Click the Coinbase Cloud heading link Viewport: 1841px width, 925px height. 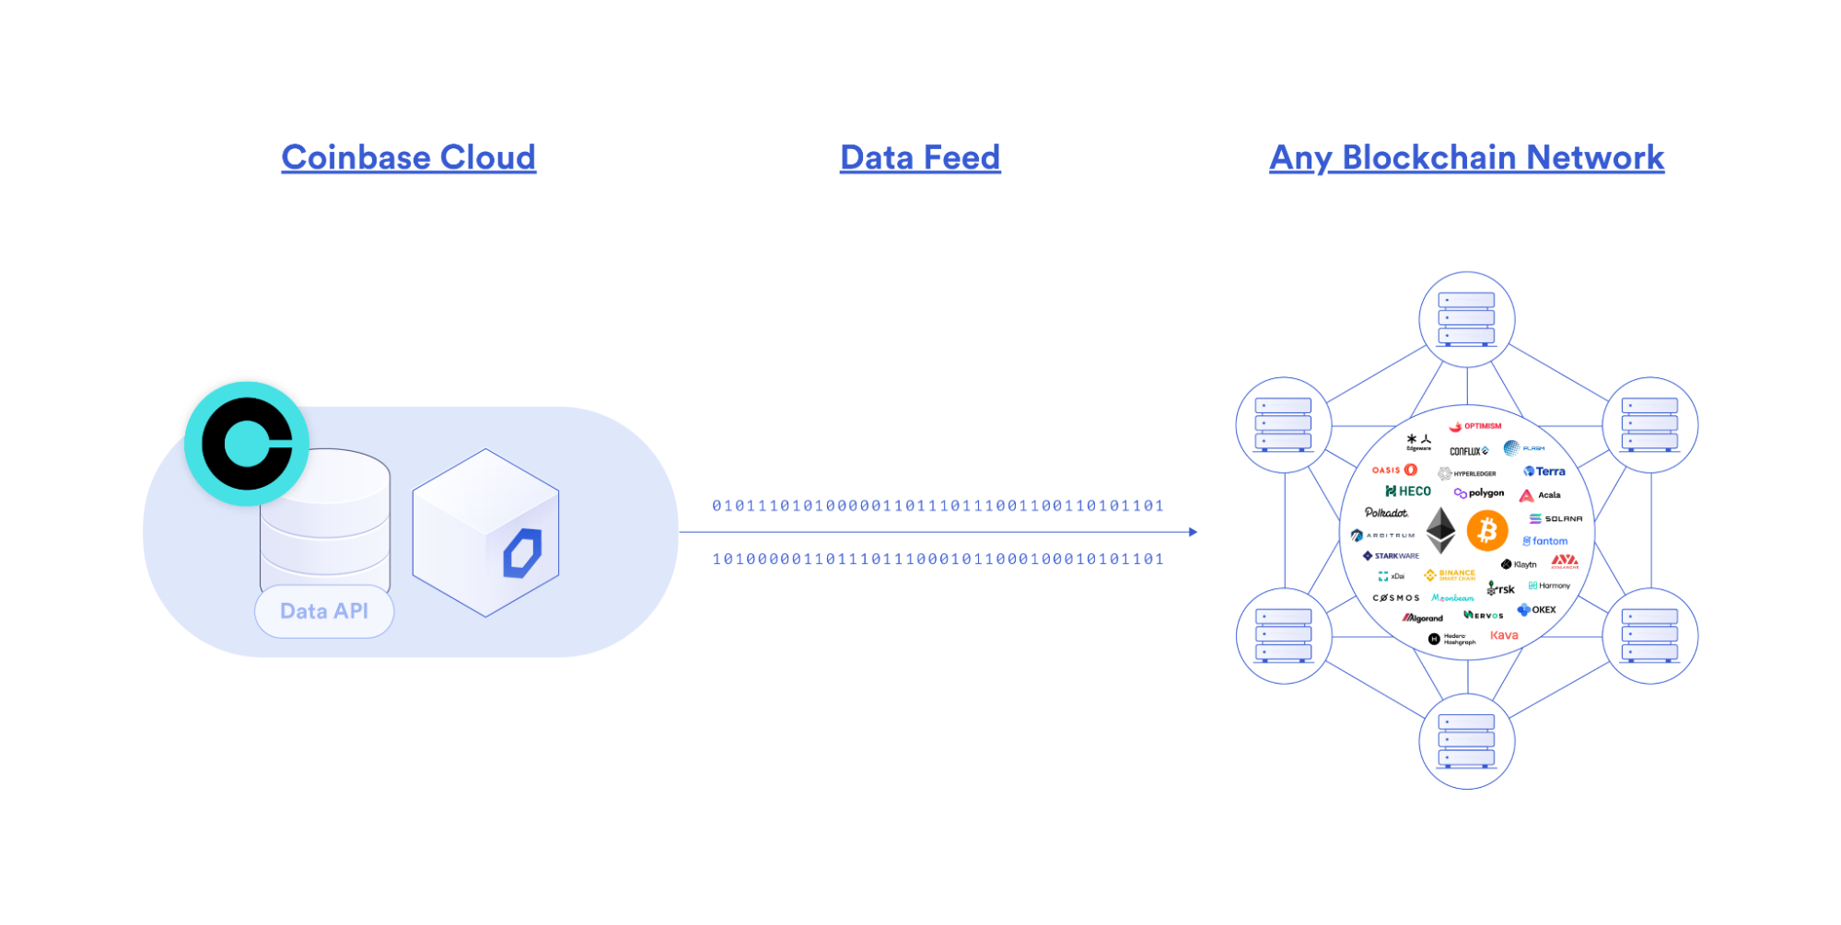(408, 157)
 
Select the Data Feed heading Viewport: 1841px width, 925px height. (920, 157)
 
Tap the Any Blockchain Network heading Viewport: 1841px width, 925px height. (1466, 157)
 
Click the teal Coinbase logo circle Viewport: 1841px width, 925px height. (247, 444)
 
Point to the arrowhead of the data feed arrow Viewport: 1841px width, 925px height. (1193, 532)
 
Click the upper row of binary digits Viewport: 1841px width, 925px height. (938, 505)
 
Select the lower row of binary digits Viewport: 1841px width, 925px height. (938, 559)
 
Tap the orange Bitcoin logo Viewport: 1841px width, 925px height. (1487, 531)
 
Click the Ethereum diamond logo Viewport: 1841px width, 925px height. (1440, 531)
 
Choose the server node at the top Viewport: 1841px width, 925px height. (1466, 319)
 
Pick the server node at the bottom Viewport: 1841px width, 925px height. (1466, 741)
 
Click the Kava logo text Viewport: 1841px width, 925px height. (1504, 635)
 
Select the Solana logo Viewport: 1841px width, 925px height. (1556, 519)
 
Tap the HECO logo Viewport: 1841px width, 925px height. (1408, 491)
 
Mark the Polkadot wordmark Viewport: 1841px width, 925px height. (1386, 513)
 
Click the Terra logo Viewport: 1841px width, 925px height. (1544, 471)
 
